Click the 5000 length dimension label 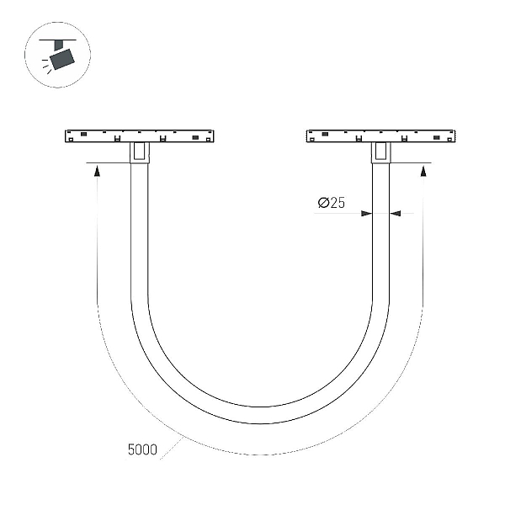pyautogui.click(x=142, y=449)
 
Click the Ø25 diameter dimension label pyautogui.click(x=332, y=203)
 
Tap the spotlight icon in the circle pyautogui.click(x=57, y=55)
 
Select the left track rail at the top pyautogui.click(x=140, y=136)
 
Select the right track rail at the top pyautogui.click(x=380, y=136)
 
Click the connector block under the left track pyautogui.click(x=140, y=152)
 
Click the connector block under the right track pyautogui.click(x=380, y=152)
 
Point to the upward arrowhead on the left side pyautogui.click(x=97, y=170)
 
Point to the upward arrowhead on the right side pyautogui.click(x=423, y=170)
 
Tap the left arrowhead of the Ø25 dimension pyautogui.click(x=366, y=213)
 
